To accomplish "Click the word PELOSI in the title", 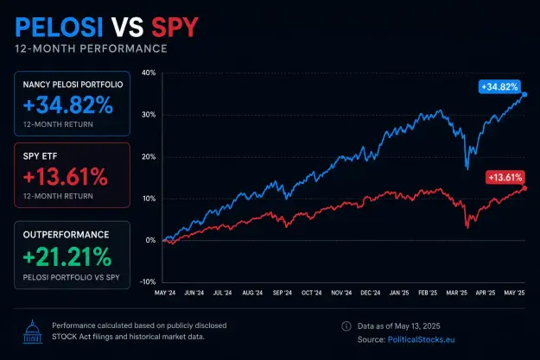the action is (x=59, y=27).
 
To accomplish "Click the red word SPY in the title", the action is (x=175, y=27).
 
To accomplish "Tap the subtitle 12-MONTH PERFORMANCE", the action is (x=91, y=48).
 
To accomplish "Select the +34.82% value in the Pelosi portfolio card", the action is (x=68, y=104).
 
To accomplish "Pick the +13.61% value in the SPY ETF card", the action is (x=66, y=177).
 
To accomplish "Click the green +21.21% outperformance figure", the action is (x=67, y=256).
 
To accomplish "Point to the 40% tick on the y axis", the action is (x=149, y=73).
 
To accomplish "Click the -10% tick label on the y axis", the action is (x=148, y=281).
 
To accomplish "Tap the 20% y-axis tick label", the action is (x=149, y=156).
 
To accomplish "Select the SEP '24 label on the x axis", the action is (x=282, y=293).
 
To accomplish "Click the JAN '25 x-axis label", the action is (x=399, y=293).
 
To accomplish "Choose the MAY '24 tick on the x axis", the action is (x=165, y=293).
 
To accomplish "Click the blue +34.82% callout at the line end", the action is (x=499, y=86).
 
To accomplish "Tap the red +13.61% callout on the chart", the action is (x=505, y=178).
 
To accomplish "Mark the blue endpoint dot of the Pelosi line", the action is (x=524, y=94).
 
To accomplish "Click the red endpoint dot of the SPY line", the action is (x=524, y=188).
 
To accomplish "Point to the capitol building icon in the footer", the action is (x=33, y=332).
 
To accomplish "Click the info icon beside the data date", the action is (x=346, y=326).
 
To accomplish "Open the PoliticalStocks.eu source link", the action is (x=421, y=339).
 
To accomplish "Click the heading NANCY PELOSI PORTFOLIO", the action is (x=73, y=85).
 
